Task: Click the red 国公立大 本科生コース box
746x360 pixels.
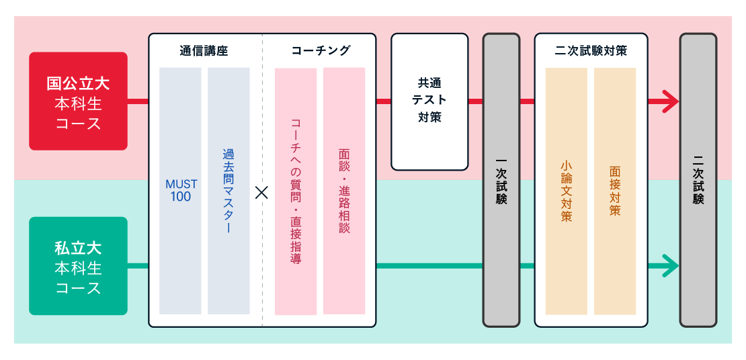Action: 78,101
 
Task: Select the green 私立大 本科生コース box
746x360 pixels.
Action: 78,266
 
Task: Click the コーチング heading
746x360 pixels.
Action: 321,50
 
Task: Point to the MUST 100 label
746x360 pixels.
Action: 181,190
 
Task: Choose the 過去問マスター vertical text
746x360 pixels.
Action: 229,190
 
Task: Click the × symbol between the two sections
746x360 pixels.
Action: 262,193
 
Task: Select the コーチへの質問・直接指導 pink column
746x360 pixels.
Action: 296,191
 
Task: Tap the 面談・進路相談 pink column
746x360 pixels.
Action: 344,191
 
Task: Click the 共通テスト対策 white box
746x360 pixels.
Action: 429,101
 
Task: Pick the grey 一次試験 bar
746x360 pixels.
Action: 501,180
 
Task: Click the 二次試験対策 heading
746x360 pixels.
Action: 591,50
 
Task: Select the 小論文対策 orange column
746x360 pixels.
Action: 566,191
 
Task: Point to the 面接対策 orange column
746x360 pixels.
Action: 615,191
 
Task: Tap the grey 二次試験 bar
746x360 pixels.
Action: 698,180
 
